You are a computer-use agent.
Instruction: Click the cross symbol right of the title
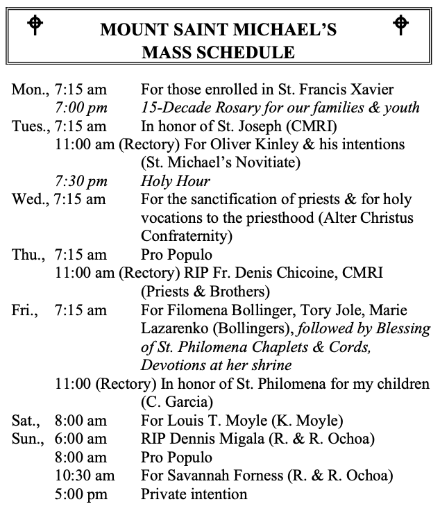[x=401, y=24]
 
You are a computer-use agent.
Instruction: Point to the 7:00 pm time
[x=82, y=108]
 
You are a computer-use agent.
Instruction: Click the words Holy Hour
[x=175, y=181]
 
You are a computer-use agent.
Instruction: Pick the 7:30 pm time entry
[x=82, y=181]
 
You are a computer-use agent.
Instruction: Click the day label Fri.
[x=25, y=310]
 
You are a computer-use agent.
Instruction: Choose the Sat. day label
[x=26, y=420]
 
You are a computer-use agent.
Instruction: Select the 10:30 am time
[x=82, y=476]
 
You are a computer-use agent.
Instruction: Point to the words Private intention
[x=194, y=494]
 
